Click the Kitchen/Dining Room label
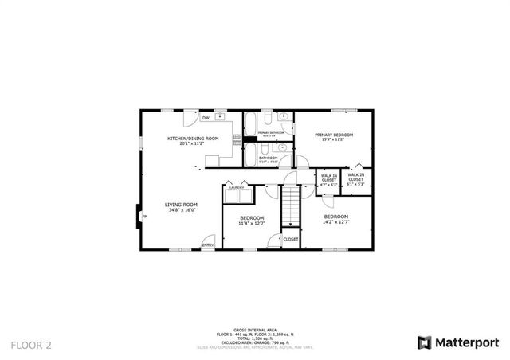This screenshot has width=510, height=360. (x=193, y=139)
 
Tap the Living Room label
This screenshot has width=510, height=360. (x=181, y=205)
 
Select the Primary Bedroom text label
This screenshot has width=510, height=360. (x=333, y=135)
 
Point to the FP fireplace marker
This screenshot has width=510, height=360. (x=144, y=217)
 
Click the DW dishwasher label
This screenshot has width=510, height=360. (x=206, y=118)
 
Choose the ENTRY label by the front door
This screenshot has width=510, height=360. (x=207, y=245)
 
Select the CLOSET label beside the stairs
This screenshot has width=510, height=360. (x=290, y=239)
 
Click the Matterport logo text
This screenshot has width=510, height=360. (x=465, y=342)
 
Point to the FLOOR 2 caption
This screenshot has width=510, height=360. (x=31, y=345)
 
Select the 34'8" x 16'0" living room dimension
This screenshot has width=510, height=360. (x=181, y=211)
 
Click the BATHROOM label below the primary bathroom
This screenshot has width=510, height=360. (x=268, y=158)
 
